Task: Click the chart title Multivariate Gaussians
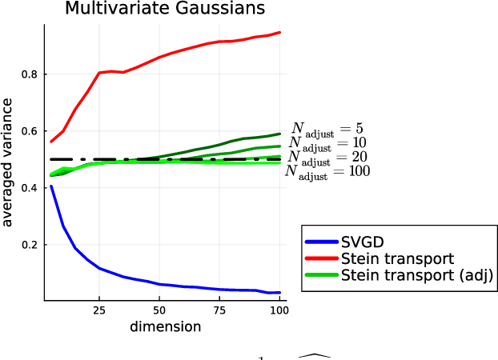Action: coord(165,10)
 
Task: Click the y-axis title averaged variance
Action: coord(9,162)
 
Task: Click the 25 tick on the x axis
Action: coord(99,310)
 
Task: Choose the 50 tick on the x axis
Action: coord(159,310)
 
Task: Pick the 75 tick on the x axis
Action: coord(219,310)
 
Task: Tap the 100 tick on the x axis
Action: coord(279,310)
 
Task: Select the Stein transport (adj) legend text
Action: coord(416,275)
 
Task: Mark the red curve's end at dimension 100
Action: coord(280,33)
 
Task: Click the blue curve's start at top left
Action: coord(51,186)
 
